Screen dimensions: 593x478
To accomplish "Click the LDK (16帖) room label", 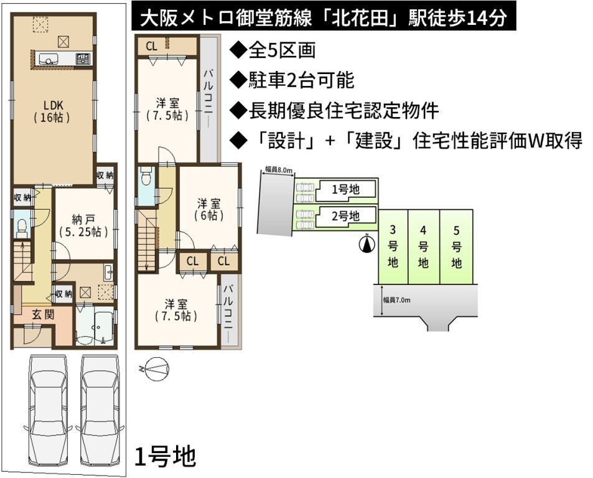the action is click(52, 111).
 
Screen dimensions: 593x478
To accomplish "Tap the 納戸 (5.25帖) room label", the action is click(83, 225).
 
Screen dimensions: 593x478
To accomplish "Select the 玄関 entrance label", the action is click(43, 314).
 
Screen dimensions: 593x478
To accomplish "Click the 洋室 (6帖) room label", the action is click(208, 210).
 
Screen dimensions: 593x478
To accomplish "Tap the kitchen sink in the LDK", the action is click(49, 59).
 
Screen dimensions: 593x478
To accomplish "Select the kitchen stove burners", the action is click(83, 59).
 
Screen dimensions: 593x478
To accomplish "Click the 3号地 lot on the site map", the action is click(393, 246).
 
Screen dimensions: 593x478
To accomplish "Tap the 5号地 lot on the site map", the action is click(457, 246).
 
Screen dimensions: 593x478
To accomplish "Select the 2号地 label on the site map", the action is click(345, 216).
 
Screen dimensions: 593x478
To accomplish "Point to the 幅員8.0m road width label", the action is click(279, 170).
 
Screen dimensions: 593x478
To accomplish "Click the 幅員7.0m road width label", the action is click(396, 300).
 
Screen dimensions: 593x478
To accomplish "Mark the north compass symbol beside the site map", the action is click(367, 243).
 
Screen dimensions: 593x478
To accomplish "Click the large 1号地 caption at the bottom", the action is click(166, 456).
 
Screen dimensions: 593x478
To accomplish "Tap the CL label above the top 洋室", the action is click(151, 47).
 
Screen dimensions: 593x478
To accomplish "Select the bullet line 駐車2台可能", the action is click(292, 80).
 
